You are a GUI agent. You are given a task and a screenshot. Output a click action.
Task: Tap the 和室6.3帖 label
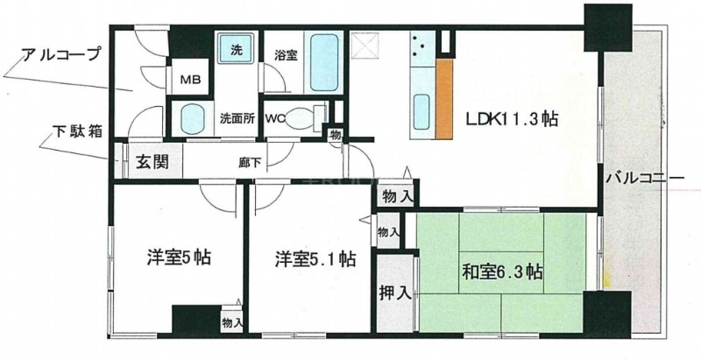coord(500,272)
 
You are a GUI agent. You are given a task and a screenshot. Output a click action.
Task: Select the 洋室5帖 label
coord(178,258)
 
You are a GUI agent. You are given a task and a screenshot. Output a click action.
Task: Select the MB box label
coord(190,80)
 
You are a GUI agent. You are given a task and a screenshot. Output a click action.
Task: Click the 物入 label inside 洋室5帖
coord(232,323)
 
